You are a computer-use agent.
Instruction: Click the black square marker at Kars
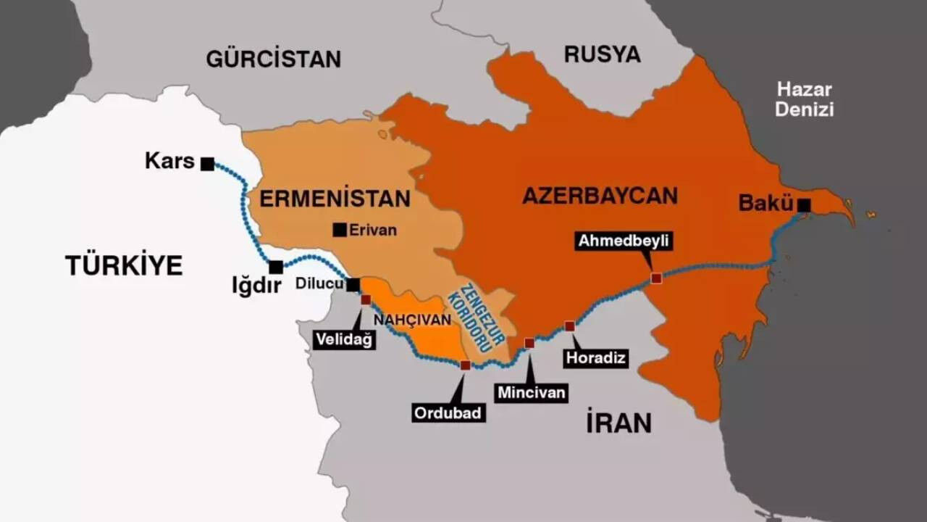click(x=207, y=164)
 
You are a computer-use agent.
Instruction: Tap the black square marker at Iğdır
click(x=276, y=267)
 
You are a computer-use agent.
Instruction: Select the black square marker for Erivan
click(x=339, y=230)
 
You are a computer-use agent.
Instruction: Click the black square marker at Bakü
click(x=804, y=205)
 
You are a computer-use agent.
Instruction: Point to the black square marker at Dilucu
click(x=353, y=284)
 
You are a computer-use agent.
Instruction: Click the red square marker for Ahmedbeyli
click(x=656, y=278)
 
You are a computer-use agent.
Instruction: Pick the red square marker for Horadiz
click(x=570, y=326)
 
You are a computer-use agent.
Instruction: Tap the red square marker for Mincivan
click(x=529, y=343)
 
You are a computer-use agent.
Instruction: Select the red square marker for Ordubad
click(x=465, y=365)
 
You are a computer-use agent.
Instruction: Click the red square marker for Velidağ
click(x=366, y=299)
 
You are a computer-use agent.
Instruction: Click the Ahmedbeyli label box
click(x=624, y=241)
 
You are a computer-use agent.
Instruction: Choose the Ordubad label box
click(x=448, y=413)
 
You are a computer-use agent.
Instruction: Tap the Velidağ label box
click(x=344, y=339)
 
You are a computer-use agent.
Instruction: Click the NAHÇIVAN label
click(x=408, y=318)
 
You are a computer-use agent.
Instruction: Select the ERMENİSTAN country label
click(x=335, y=199)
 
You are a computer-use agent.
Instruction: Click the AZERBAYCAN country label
click(x=600, y=195)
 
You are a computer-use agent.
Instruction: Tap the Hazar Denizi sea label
click(x=804, y=100)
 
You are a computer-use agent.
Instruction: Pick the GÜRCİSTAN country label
click(x=273, y=59)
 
